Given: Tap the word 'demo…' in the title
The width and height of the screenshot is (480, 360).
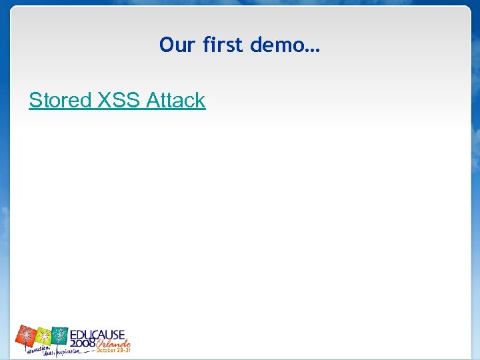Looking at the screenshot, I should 285,45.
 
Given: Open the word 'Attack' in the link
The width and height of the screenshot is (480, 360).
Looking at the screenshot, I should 176,101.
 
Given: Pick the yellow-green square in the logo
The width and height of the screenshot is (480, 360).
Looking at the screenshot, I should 44,335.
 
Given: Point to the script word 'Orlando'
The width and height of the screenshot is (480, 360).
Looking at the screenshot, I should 113,342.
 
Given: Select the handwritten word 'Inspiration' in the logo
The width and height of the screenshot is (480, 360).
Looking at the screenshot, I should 67,352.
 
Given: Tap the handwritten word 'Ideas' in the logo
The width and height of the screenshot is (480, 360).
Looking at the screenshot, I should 47,353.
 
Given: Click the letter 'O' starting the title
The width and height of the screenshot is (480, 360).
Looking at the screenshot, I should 166,45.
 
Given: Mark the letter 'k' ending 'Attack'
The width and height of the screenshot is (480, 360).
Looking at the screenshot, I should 201,101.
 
